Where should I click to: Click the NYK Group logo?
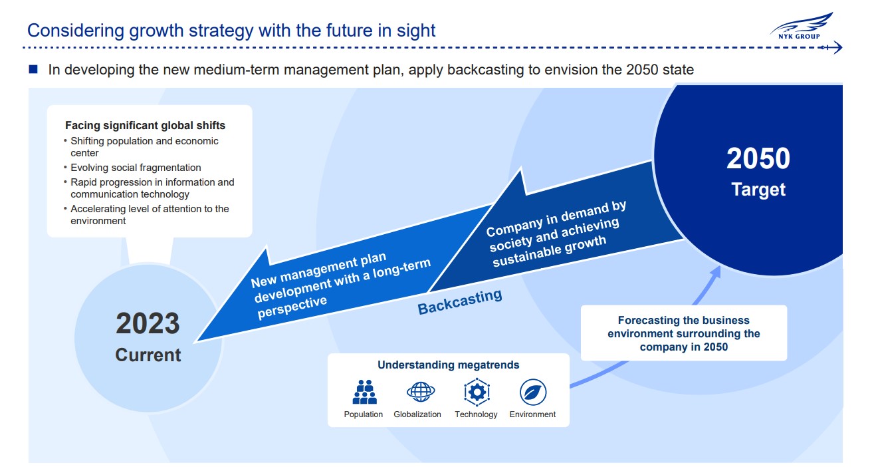tap(801, 26)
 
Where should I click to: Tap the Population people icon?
tap(365, 392)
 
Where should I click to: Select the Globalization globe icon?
tap(421, 391)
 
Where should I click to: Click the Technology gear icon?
tap(477, 392)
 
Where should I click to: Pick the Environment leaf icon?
tap(533, 392)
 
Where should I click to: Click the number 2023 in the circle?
tap(148, 323)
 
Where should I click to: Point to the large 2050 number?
tap(758, 158)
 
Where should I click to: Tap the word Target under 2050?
tap(758, 190)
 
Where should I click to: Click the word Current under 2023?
tap(148, 355)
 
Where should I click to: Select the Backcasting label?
tap(460, 302)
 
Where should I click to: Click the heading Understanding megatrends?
tap(449, 365)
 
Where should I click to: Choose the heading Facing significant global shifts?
tap(145, 126)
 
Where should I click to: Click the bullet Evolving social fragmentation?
tap(136, 168)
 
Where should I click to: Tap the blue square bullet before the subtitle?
tap(33, 69)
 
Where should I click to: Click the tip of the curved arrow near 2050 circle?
tap(719, 267)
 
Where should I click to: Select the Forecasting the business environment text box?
tap(684, 333)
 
